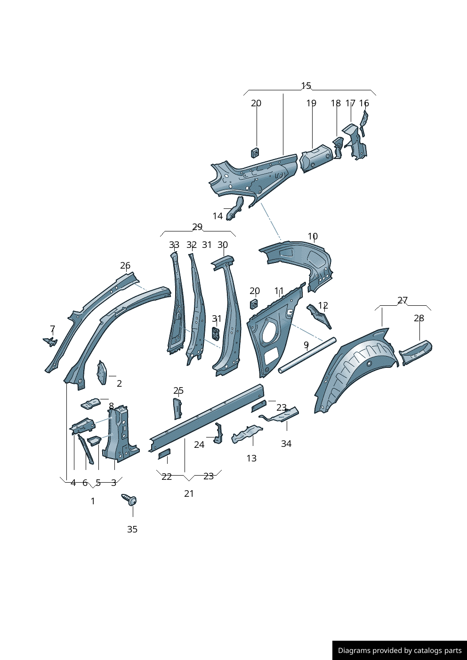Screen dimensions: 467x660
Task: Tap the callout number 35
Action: (132, 530)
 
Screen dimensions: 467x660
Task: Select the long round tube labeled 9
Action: (307, 355)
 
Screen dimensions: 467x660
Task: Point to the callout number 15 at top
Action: (306, 86)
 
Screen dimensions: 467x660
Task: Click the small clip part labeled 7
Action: (50, 342)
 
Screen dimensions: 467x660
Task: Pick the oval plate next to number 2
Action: (102, 373)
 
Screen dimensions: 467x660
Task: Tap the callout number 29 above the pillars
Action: (197, 227)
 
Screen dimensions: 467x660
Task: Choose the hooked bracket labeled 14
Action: (235, 208)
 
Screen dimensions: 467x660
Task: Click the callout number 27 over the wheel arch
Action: (403, 300)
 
